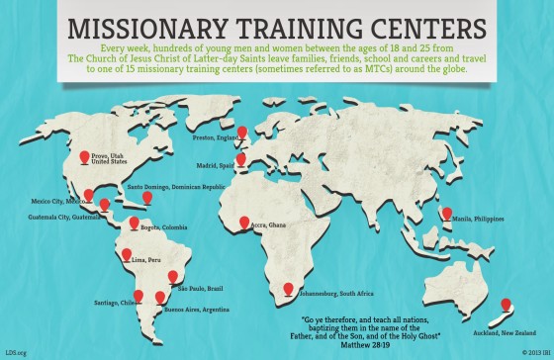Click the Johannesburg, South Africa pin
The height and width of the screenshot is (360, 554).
(288, 288)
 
